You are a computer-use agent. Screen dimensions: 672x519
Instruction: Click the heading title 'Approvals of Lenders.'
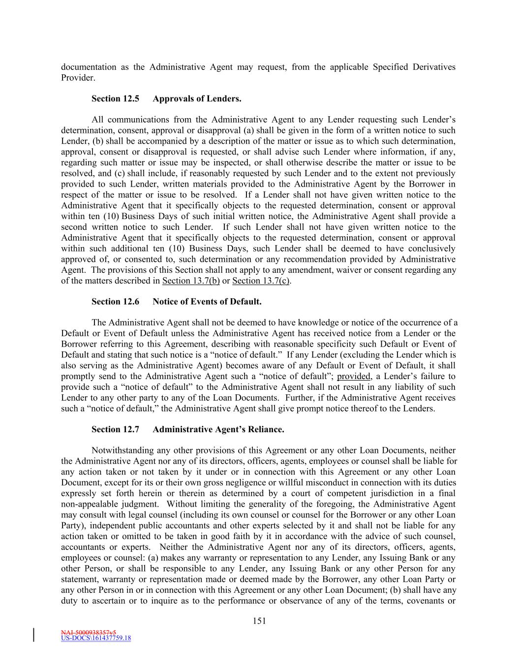[x=197, y=99]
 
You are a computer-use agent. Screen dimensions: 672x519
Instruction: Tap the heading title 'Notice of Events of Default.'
[x=207, y=302]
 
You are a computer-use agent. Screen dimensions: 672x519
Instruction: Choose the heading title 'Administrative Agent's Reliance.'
[x=218, y=430]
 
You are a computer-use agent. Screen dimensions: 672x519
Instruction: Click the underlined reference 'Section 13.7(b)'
[x=191, y=281]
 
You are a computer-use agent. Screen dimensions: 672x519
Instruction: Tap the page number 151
[x=259, y=621]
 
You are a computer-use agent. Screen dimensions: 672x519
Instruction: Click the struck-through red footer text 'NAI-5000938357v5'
[x=89, y=632]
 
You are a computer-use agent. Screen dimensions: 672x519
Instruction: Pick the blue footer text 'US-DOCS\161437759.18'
[x=96, y=639]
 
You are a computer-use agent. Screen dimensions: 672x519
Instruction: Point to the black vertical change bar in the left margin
[x=34, y=635]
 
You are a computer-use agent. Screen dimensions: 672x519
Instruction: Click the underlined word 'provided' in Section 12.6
[x=353, y=377]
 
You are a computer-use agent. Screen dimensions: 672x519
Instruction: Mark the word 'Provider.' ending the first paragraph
[x=78, y=78]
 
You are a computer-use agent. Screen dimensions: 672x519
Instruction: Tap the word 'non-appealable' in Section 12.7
[x=89, y=504]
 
